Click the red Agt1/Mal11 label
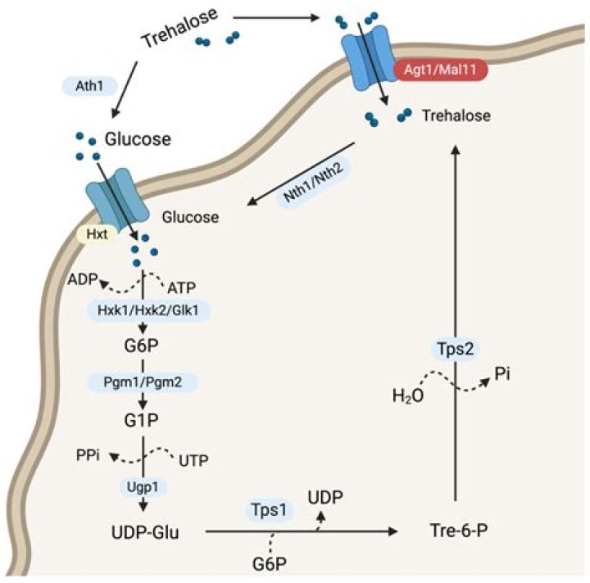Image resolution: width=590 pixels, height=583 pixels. click(x=441, y=70)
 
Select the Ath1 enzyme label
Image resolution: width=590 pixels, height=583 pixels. click(x=89, y=86)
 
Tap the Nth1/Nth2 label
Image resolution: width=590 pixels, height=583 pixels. click(x=313, y=182)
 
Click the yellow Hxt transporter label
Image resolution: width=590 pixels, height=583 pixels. click(x=97, y=234)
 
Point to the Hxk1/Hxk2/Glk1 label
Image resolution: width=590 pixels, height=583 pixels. click(x=147, y=310)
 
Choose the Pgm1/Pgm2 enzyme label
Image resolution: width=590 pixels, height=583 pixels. click(x=143, y=382)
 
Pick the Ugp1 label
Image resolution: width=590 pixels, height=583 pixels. click(x=143, y=486)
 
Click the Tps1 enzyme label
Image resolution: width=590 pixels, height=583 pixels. click(x=269, y=510)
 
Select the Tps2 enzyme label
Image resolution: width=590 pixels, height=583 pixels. click(x=456, y=349)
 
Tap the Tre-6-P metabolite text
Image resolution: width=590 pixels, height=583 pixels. click(x=459, y=531)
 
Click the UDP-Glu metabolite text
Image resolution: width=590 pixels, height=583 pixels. click(x=145, y=532)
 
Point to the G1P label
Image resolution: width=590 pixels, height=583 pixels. click(x=142, y=420)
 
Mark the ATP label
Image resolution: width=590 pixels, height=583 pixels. click(x=181, y=288)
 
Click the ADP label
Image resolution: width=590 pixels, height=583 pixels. click(x=83, y=279)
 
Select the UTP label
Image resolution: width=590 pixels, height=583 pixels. click(x=193, y=460)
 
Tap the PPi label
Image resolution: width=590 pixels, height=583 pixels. click(x=88, y=455)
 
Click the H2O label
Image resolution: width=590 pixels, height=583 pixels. click(x=408, y=396)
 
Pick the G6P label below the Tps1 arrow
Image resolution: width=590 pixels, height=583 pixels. click(x=270, y=564)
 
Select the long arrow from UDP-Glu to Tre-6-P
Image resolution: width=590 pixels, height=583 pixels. click(x=302, y=531)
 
